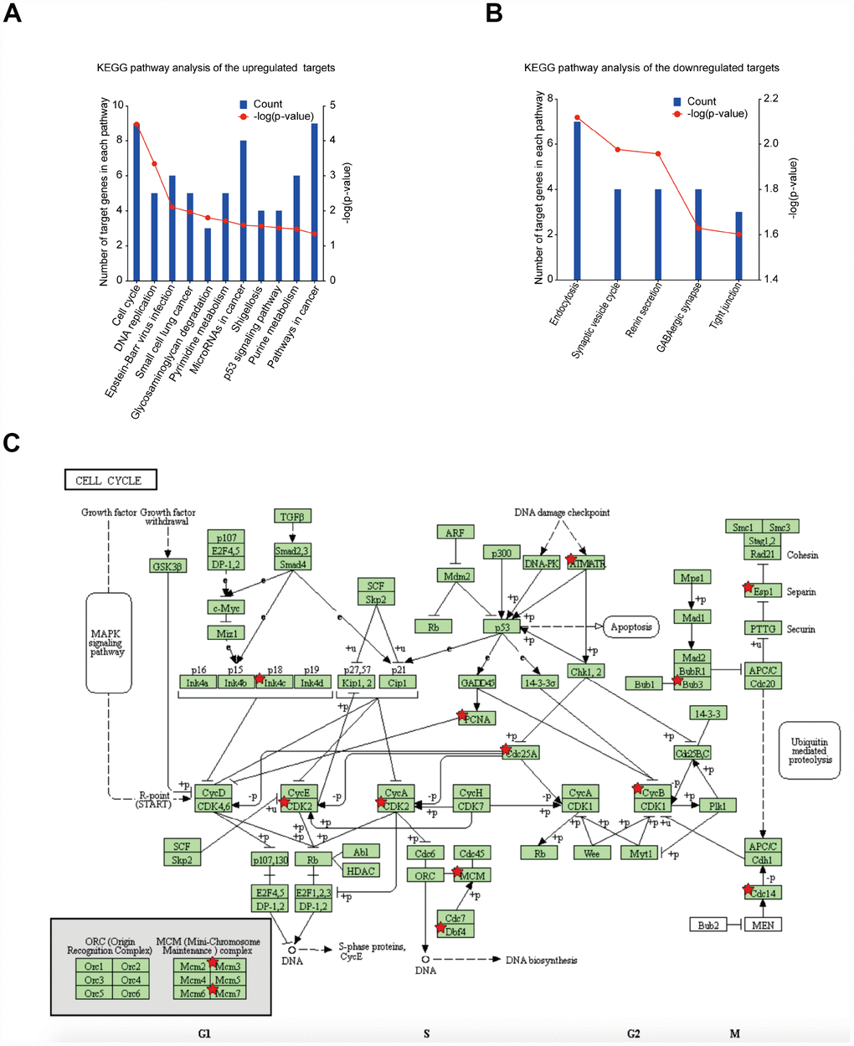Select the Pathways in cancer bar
tap(314, 202)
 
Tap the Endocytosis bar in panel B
tap(577, 200)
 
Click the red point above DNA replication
tap(154, 164)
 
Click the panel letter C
tap(12, 442)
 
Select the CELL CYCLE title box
tap(111, 480)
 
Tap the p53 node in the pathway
tap(502, 626)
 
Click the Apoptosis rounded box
tap(630, 626)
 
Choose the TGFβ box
tap(292, 516)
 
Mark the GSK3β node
tap(168, 565)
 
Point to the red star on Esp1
tap(749, 588)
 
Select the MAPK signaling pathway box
tap(108, 642)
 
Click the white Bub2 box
tap(708, 925)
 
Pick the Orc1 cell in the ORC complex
tap(94, 966)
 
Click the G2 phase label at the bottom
tap(633, 1033)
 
